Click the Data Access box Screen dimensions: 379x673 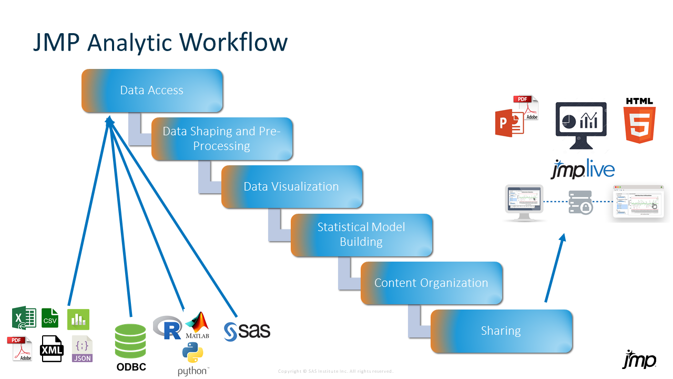[x=152, y=91]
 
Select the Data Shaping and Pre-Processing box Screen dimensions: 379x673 [x=222, y=139]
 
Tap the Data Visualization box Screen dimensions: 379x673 [x=291, y=187]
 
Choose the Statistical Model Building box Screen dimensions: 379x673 [x=361, y=235]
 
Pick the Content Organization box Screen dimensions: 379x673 [x=431, y=283]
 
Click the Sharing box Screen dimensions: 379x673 [x=501, y=331]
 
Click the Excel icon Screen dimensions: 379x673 [x=24, y=318]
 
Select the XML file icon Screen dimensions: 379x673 [x=52, y=349]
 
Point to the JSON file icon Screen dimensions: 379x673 [x=82, y=349]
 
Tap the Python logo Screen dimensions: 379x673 [x=192, y=354]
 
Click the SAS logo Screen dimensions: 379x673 [x=247, y=331]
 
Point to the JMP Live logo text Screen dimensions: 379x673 [x=583, y=169]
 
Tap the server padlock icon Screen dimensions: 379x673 [x=580, y=202]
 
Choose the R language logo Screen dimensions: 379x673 [x=167, y=326]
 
